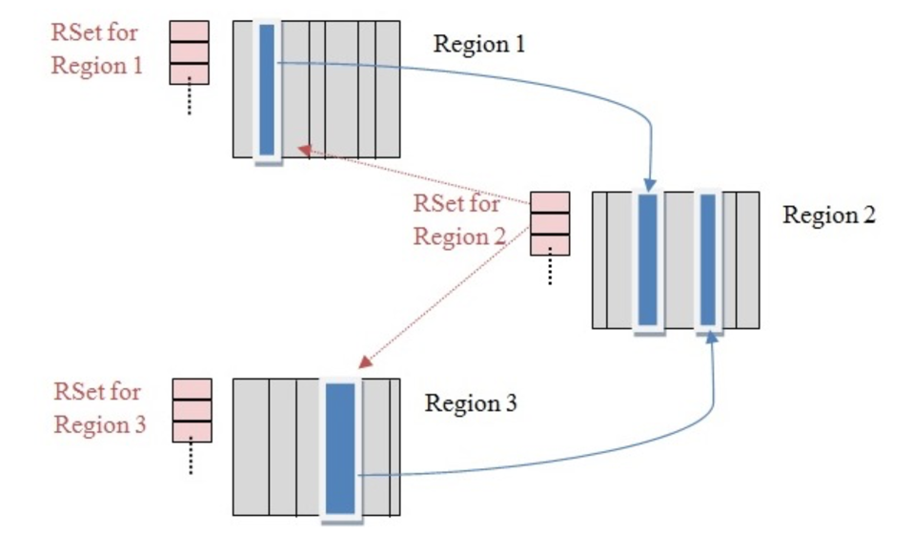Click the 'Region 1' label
point(479,44)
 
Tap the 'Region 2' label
point(828,215)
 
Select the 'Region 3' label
point(471,403)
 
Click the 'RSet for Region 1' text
point(94,51)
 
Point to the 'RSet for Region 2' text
point(459,219)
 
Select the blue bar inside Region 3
point(339,448)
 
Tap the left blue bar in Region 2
point(648,260)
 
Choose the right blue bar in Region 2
point(707,260)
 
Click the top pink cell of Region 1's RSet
point(189,31)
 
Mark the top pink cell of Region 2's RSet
point(550,202)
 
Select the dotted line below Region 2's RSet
point(550,270)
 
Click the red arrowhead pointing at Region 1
point(301,149)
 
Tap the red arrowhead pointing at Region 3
point(363,364)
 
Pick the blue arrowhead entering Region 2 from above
point(649,184)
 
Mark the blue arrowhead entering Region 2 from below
point(714,341)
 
